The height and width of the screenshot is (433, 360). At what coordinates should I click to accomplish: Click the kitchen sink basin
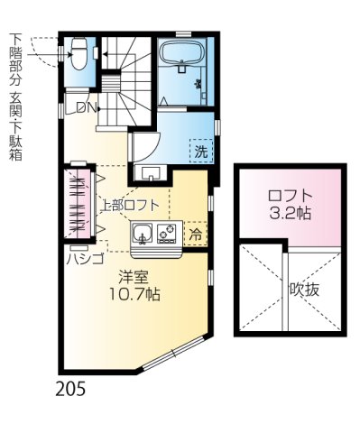pos(143,235)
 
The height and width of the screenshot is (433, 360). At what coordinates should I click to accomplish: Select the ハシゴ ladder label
pos(79,257)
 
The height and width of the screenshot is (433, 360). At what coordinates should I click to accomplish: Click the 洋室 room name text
pos(133,275)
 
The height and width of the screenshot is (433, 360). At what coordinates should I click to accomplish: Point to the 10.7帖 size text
pos(133,294)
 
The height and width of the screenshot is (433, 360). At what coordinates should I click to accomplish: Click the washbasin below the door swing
pos(149,173)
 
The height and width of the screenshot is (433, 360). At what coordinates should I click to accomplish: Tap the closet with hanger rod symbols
pos(78,206)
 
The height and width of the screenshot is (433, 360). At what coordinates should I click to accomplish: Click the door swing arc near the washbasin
pos(144,146)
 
